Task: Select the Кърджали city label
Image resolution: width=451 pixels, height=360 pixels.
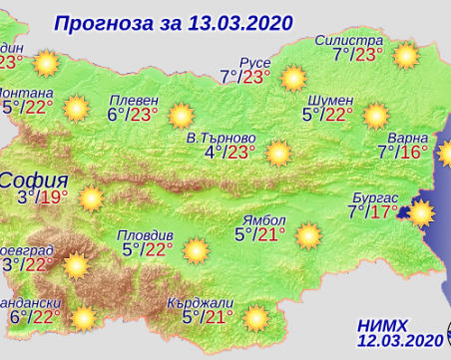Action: pos(212,300)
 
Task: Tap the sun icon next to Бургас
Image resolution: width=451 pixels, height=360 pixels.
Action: pos(420,212)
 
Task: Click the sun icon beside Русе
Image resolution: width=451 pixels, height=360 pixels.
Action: pos(292,77)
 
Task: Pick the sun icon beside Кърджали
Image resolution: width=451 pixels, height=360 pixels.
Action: pos(256,317)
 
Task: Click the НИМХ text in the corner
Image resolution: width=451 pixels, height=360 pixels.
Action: pos(382,323)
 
